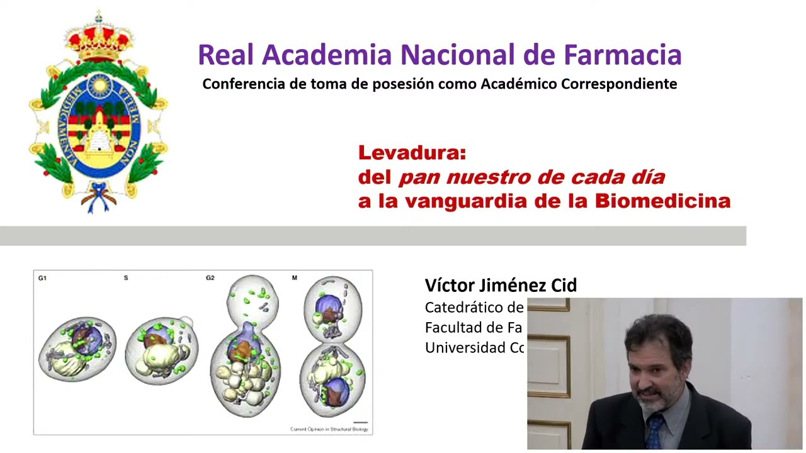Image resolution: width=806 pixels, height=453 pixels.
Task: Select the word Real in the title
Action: pyautogui.click(x=226, y=55)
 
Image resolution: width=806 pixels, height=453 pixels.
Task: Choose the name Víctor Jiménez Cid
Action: pyautogui.click(x=501, y=286)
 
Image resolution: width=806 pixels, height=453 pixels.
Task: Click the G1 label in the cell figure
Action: pyautogui.click(x=42, y=278)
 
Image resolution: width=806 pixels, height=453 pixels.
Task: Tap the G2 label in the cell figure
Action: pyautogui.click(x=210, y=278)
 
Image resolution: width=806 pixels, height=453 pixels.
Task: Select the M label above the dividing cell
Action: pyautogui.click(x=294, y=278)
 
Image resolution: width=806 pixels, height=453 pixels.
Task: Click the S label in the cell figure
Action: pyautogui.click(x=126, y=278)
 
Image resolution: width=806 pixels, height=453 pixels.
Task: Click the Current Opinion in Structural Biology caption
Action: pyautogui.click(x=329, y=430)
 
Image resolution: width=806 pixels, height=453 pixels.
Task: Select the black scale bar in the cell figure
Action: pyautogui.click(x=360, y=423)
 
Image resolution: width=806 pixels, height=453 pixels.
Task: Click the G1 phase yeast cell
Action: pyautogui.click(x=78, y=349)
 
